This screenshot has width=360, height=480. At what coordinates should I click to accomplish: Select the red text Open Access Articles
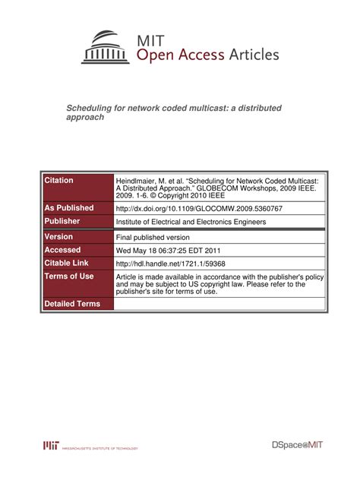pyautogui.click(x=207, y=55)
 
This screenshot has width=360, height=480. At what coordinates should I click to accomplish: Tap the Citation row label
pyautogui.click(x=59, y=180)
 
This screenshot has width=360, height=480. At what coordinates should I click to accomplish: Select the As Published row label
pyautogui.click(x=69, y=207)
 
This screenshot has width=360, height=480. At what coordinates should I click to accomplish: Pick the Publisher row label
pyautogui.click(x=63, y=221)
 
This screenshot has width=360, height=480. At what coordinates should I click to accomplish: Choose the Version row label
pyautogui.click(x=59, y=237)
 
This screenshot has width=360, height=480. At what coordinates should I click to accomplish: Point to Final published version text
pyautogui.click(x=154, y=237)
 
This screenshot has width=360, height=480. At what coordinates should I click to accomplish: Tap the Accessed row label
pyautogui.click(x=63, y=250)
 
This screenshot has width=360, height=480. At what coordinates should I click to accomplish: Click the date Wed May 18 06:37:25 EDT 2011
pyautogui.click(x=168, y=250)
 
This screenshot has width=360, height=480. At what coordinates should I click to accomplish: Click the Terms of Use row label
pyautogui.click(x=69, y=276)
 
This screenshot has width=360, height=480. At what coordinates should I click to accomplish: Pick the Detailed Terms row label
pyautogui.click(x=72, y=304)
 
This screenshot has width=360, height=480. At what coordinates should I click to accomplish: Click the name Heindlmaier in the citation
pyautogui.click(x=137, y=182)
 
